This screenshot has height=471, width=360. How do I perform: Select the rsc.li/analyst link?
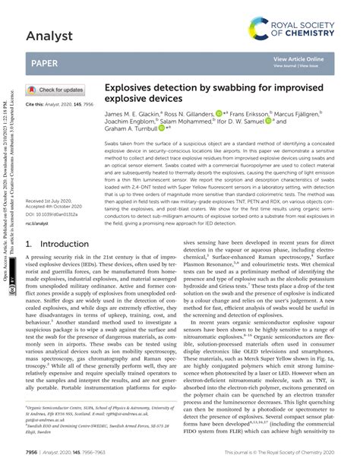pos(39,224)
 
